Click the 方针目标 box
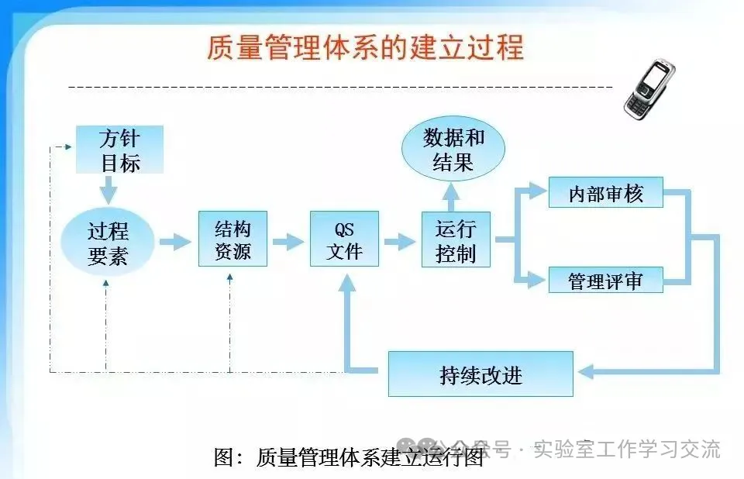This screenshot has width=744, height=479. point(119,150)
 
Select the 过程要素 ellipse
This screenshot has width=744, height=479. point(108,243)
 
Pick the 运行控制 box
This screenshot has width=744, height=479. point(456,239)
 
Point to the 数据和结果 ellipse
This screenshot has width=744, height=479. point(454,150)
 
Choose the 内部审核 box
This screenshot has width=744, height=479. point(606,193)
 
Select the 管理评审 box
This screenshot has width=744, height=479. point(606,280)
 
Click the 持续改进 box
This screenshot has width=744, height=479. point(480,374)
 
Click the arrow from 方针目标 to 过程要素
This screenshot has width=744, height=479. point(108,188)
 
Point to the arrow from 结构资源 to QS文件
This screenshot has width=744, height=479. point(288,242)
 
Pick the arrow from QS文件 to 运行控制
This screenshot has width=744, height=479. point(400,242)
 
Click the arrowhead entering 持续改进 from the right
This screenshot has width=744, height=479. point(585,372)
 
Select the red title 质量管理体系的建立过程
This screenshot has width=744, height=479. point(365,48)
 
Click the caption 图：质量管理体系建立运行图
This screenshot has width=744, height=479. point(349,457)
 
